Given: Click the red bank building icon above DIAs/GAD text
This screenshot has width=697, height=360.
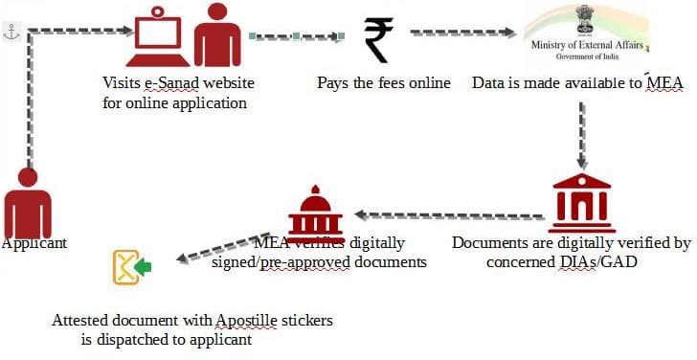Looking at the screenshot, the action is pos(581,203).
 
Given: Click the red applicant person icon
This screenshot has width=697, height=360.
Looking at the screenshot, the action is pos(29,204).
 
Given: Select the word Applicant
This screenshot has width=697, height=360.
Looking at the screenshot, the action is pos(34,243).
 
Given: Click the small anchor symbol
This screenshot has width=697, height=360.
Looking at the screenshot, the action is pos(11,32).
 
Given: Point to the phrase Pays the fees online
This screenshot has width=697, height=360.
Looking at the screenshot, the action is pos(384,82).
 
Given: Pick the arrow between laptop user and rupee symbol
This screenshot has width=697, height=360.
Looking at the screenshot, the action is pos(296,38).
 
